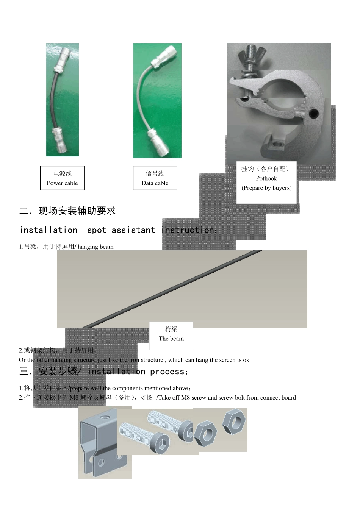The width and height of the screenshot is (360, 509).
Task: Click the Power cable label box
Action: click(62, 178)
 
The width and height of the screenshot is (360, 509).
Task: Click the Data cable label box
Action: click(155, 178)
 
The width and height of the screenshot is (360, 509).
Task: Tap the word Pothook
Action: click(266, 178)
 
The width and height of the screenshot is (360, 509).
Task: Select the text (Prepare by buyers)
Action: click(266, 188)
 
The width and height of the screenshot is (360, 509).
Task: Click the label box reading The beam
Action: click(171, 336)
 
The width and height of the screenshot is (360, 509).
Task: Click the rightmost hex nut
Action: click(234, 422)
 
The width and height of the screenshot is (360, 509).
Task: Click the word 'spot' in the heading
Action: click(97, 230)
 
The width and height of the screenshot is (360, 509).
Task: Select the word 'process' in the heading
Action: click(167, 372)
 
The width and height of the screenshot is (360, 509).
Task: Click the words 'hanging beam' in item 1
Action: click(95, 247)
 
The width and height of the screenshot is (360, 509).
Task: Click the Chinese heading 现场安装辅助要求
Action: click(77, 211)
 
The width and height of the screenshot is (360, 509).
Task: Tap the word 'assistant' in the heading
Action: click(133, 230)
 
